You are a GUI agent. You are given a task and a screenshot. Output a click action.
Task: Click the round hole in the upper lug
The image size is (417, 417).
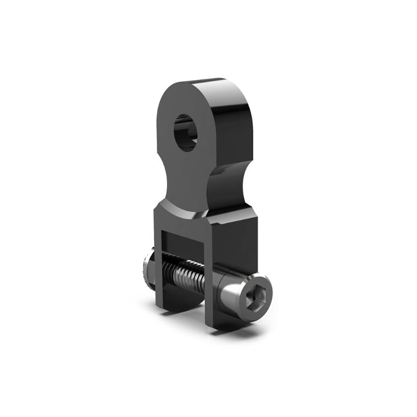pos(186,132)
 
